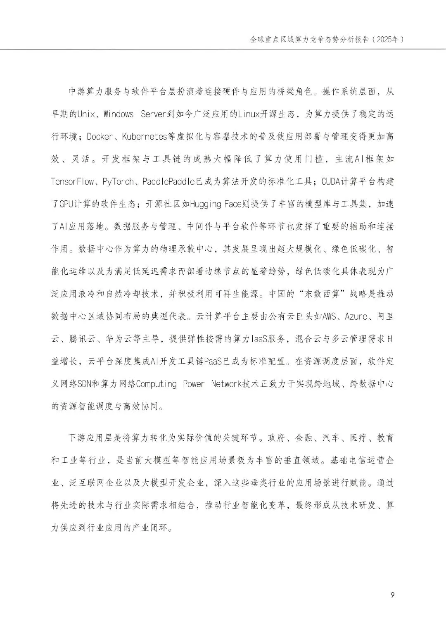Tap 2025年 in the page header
387,40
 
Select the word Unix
86,114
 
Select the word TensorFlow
72,181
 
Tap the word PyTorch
118,181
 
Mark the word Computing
156,384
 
